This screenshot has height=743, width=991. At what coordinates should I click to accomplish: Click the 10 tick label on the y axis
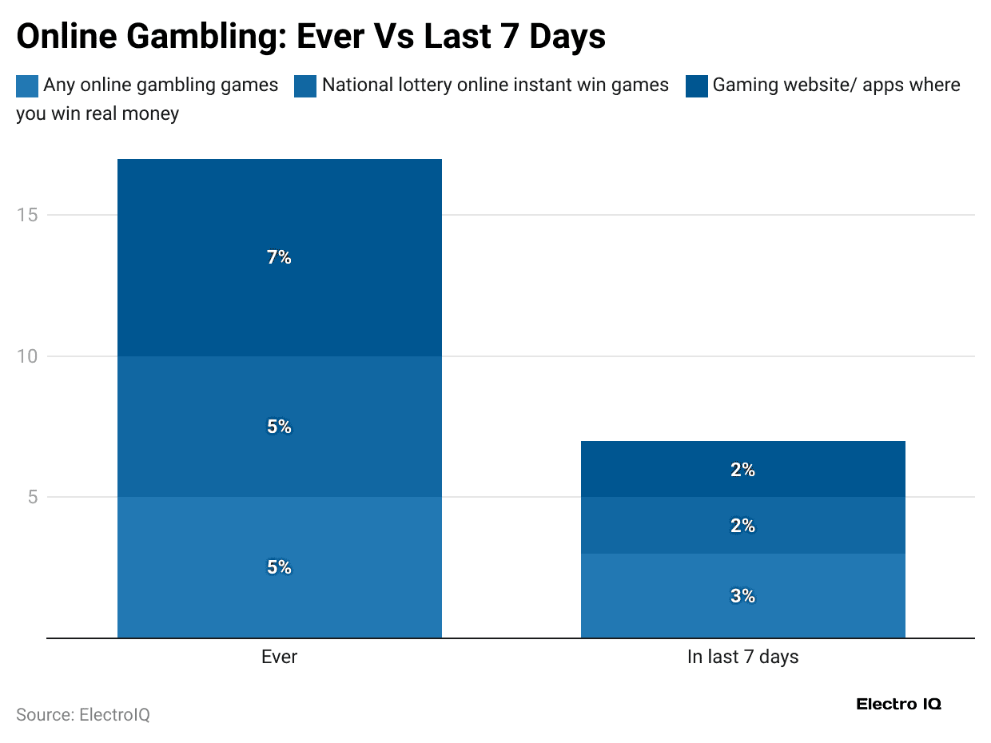[x=28, y=356]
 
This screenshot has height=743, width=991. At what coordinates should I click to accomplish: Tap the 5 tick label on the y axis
[x=33, y=497]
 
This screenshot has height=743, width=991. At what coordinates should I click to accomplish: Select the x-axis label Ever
[x=279, y=658]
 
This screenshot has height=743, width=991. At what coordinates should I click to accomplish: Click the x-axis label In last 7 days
[x=742, y=658]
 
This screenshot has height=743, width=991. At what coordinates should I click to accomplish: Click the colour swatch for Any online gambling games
[x=27, y=86]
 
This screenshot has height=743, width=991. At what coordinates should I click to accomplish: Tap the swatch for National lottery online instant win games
[x=305, y=86]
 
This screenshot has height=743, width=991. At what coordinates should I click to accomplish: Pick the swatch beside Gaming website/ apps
[x=697, y=86]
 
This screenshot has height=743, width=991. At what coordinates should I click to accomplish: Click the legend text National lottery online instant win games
[x=495, y=85]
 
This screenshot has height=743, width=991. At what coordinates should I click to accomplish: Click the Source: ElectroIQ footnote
[x=83, y=714]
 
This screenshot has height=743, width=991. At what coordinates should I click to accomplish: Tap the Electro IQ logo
[x=898, y=704]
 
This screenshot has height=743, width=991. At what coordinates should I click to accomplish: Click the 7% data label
[x=279, y=257]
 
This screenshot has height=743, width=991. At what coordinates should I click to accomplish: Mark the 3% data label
[x=742, y=596]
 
